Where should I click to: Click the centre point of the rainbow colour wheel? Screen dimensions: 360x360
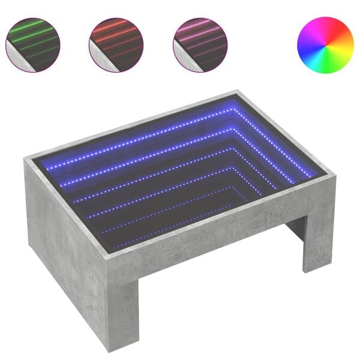tap(325, 44)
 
